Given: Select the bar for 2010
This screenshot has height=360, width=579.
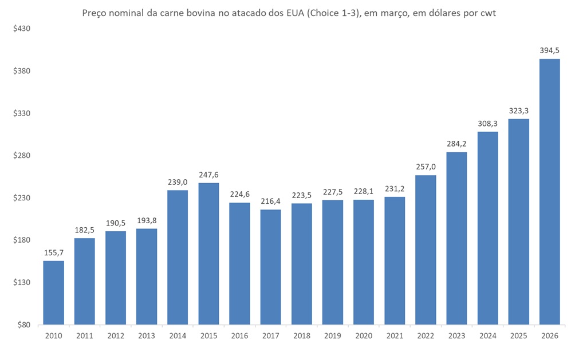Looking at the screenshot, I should (54, 292).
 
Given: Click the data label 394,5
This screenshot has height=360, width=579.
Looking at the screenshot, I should (549, 51).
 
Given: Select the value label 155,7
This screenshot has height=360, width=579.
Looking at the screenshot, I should (54, 252).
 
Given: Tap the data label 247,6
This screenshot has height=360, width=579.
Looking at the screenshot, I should (208, 175).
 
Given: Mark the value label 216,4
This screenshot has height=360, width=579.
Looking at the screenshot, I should (270, 201).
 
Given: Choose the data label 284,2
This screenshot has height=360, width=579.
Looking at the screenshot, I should (456, 144).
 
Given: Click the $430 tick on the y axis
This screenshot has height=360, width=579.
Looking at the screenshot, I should (22, 29).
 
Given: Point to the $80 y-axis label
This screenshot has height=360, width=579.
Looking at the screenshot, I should (23, 325).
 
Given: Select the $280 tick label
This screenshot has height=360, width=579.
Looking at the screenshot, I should (22, 156).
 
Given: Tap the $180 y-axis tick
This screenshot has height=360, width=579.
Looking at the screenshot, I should (22, 240).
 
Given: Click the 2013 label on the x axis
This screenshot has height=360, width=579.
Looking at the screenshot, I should (147, 335).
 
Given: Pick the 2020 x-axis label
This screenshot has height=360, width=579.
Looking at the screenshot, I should (364, 335).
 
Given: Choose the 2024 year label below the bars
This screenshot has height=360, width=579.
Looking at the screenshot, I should (487, 335).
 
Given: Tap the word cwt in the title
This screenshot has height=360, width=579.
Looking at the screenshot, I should (487, 13).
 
